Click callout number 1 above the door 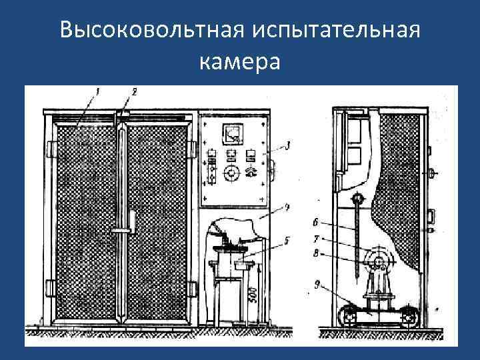[97, 91]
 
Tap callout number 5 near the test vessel [286, 240]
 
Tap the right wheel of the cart [408, 315]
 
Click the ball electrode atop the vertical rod [357, 198]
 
